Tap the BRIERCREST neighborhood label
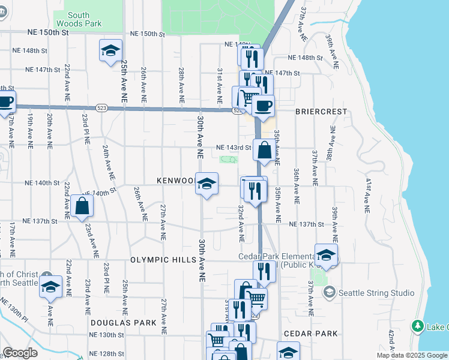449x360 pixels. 321,112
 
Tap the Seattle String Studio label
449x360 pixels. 376,293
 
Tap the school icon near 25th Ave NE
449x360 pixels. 110,52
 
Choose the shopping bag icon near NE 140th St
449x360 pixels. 82,206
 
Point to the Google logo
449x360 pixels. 20,353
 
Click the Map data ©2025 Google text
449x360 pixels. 412,355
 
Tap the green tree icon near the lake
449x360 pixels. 418,326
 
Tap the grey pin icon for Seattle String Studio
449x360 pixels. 329,293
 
